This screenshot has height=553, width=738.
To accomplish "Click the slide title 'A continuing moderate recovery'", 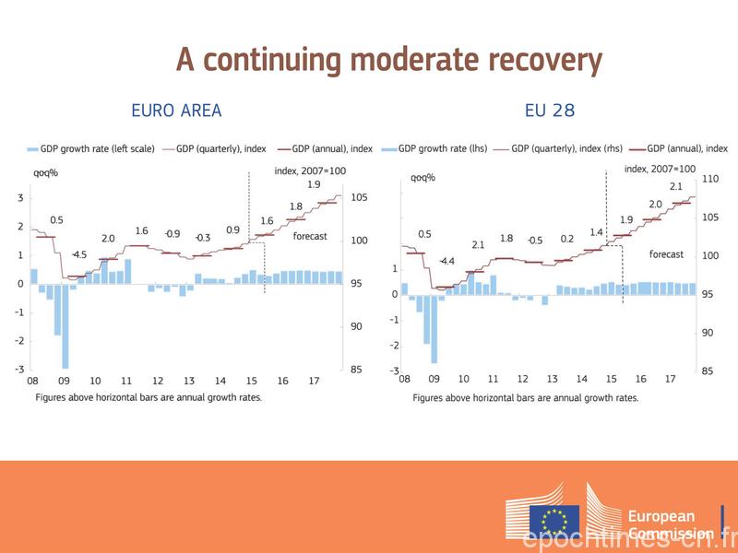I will (388, 61).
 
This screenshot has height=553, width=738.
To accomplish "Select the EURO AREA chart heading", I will (176, 112).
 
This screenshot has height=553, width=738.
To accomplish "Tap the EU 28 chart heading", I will (550, 112).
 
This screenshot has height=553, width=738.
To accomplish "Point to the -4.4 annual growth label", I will (446, 262).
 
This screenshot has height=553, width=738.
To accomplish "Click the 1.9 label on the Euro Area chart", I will (314, 184).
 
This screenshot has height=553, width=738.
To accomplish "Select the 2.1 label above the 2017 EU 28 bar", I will (675, 187).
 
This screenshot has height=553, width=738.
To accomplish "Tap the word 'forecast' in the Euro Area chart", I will (310, 236).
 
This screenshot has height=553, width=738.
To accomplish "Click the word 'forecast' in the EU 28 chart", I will (666, 254).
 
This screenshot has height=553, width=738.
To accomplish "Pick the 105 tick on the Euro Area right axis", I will (359, 197).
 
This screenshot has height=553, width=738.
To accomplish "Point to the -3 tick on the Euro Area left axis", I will (20, 370).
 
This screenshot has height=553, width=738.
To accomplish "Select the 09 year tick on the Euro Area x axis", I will (64, 381).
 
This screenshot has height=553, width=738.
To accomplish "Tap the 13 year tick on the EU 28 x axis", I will (552, 379).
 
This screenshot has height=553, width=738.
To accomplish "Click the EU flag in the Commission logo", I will (554, 521).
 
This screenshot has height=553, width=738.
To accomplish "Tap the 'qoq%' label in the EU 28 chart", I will (423, 178).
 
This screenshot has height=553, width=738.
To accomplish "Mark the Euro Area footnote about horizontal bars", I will (149, 397).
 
